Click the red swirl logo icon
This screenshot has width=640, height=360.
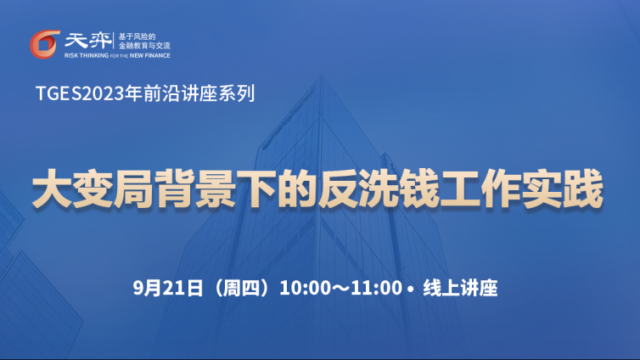pos(44,44)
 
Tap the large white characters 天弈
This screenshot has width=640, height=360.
pos(87,41)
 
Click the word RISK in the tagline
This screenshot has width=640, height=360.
pos(71,55)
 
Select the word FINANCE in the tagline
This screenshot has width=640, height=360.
pos(158,55)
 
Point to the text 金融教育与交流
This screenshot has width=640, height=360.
pos(144,45)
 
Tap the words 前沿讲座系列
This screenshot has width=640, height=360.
pos(199,93)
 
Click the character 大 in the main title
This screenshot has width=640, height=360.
pos(53,189)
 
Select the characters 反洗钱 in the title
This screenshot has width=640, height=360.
pos(378,189)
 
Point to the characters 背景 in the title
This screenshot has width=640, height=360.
pos(195,189)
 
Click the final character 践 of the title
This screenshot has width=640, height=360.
pos(583,189)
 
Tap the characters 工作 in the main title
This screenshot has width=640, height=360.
pos(480,189)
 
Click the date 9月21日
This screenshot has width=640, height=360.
pos(168,288)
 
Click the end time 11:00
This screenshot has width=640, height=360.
pos(376,288)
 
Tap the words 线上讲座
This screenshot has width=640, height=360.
pos(460,288)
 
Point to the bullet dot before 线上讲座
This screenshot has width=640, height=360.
pos(410,289)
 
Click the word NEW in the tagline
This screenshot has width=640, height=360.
pos(137,55)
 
